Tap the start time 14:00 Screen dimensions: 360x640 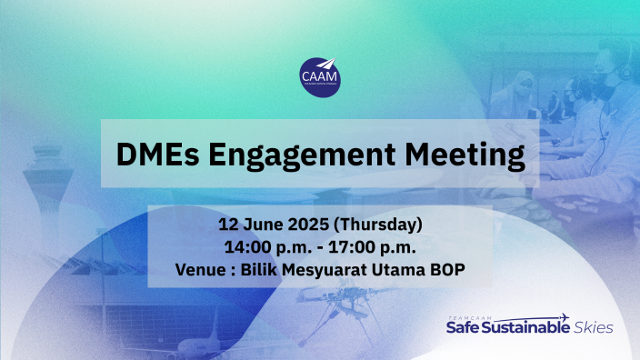tap(242, 245)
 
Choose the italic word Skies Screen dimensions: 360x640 tap(592, 327)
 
